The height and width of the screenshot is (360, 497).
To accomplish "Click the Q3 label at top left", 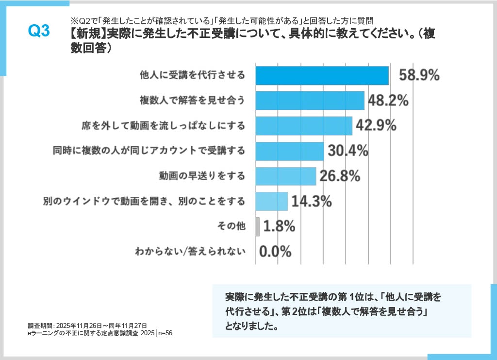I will click(x=39, y=31).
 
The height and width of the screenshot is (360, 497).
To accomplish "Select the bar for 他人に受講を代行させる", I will click(x=322, y=75).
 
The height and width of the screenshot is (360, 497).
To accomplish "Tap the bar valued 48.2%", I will click(x=310, y=101).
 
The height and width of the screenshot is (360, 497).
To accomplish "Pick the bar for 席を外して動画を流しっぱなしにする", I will click(x=303, y=125).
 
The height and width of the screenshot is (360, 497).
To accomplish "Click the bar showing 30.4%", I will click(x=289, y=151).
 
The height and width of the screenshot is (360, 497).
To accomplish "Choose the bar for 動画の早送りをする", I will click(x=285, y=176).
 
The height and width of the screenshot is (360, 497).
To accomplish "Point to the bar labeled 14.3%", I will click(x=271, y=201).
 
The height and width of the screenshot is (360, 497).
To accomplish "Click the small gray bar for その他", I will click(x=257, y=226).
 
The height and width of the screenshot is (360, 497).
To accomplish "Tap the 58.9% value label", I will click(x=419, y=75).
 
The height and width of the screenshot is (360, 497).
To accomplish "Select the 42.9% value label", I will click(x=376, y=125).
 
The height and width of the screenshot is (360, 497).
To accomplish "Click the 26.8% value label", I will click(x=340, y=176).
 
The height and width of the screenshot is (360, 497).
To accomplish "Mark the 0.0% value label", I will click(x=275, y=252).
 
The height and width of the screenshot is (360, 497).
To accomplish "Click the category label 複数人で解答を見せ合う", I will click(x=192, y=101).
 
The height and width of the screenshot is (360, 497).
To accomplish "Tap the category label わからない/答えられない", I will click(x=190, y=252).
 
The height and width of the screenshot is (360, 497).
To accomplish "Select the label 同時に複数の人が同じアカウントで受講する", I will click(x=149, y=151).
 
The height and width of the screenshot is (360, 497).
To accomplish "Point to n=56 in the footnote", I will click(x=165, y=333).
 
